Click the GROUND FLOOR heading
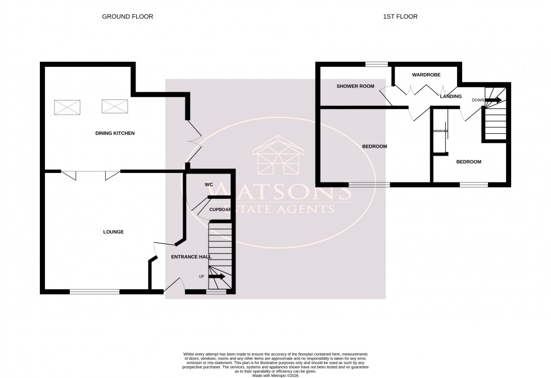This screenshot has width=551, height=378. [x=127, y=17]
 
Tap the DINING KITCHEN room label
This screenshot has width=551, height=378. [x=115, y=133]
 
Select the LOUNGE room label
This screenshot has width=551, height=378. [x=113, y=232]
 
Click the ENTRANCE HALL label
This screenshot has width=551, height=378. [x=191, y=257]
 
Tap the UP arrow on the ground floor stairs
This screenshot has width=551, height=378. [x=216, y=276]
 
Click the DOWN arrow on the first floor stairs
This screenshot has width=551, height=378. [x=493, y=101]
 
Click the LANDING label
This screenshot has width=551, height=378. [x=451, y=97]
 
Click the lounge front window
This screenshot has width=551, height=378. [x=94, y=292]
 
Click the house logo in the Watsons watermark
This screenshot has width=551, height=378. [x=278, y=157]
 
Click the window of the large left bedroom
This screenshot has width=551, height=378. [x=369, y=184]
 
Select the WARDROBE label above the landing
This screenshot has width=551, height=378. [x=426, y=75]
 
